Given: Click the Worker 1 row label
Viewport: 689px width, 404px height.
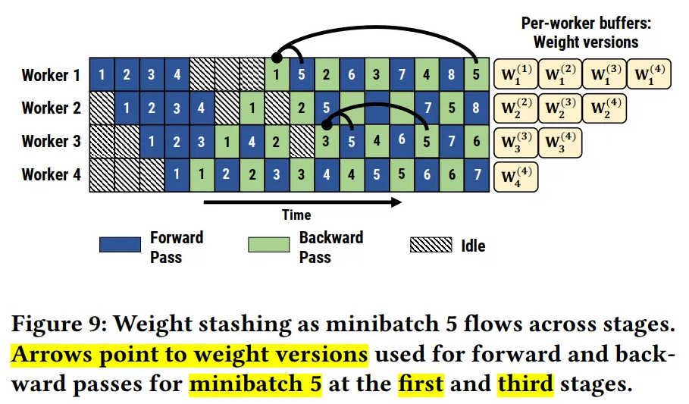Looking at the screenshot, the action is pos(51,75).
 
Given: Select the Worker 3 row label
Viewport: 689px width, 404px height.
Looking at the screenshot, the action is pos(51,141).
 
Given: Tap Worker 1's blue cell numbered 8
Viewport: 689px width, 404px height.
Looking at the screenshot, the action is pos(451,74).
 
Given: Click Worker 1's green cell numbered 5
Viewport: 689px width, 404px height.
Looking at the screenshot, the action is pos(476,74).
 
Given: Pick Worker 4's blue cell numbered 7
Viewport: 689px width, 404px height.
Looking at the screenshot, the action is pos(477,174).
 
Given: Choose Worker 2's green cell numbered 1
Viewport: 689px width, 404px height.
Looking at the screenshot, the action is pos(252,108).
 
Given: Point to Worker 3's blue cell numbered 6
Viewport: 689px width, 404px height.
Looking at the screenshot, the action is pos(402,141).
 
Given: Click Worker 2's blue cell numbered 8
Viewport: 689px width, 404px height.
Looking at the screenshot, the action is pos(476,108).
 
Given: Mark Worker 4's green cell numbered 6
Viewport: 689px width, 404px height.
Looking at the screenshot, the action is pos(452,174).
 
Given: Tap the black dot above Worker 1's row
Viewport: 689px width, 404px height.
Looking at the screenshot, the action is pos(277,57).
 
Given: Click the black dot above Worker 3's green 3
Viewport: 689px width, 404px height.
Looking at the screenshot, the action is pos(327,124).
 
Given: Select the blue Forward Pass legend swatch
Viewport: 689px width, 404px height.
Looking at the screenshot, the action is pos(120,244).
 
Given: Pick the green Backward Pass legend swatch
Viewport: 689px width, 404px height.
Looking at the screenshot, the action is pos(269,244).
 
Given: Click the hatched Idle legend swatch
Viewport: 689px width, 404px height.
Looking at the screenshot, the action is pos(431,244).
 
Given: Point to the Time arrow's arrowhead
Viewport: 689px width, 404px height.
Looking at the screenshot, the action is pos(396,202).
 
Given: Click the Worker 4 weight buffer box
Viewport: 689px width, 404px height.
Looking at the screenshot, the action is pos(516,177).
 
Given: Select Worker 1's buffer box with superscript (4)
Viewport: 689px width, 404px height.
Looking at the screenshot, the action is pos(649,74).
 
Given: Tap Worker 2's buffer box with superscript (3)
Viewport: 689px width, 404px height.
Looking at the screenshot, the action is pos(560,108).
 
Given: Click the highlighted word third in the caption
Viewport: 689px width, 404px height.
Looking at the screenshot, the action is pos(525,384).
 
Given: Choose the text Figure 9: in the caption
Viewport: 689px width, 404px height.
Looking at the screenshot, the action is pos(59,324).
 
